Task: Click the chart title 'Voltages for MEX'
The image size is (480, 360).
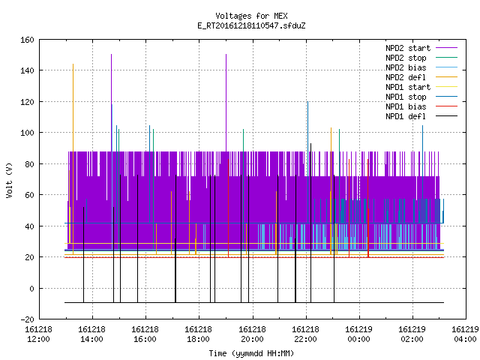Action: coord(251,16)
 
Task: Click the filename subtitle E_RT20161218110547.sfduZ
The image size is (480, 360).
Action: coord(251,25)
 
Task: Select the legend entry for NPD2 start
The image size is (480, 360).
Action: coord(421,48)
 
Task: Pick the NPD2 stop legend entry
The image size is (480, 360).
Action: coord(421,58)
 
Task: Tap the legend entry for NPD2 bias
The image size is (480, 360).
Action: coord(421,67)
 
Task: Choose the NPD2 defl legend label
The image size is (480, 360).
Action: coord(421,77)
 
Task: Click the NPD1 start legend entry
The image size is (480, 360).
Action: coord(421,87)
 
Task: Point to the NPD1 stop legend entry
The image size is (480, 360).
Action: coord(421,97)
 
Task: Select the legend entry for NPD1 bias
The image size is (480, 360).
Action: coord(421,106)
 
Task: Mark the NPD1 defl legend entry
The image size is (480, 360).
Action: coord(421,117)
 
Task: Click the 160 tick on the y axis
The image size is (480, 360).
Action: coord(27,40)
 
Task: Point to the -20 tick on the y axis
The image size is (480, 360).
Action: coord(27,319)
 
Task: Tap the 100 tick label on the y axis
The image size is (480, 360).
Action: coord(27,133)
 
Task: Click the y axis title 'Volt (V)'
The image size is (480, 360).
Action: coord(9,180)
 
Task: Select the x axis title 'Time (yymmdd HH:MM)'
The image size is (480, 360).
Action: coord(251,353)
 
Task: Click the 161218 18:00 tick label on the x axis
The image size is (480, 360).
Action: coord(199,334)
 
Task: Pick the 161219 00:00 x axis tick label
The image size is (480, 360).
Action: coord(359,334)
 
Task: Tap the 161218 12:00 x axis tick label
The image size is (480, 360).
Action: coord(38,334)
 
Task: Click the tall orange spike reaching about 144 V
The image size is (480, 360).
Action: coord(73,159)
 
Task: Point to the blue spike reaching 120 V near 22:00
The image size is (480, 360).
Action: coord(307,162)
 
